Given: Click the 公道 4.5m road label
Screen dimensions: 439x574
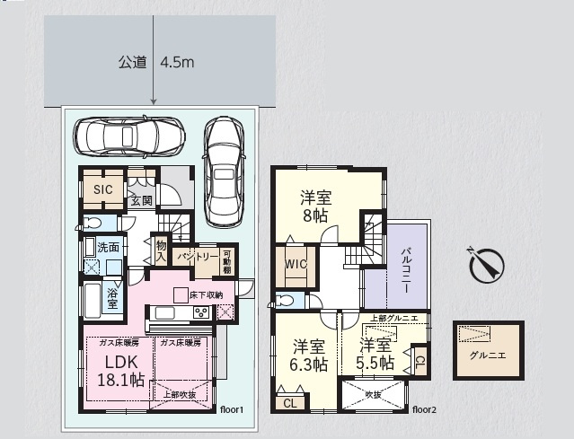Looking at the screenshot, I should (x=156, y=63).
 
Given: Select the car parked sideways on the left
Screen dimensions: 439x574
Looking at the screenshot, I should (x=131, y=136).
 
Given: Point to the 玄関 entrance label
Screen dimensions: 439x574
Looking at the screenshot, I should (x=141, y=200).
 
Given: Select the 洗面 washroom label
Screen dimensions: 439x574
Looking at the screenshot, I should (x=109, y=247).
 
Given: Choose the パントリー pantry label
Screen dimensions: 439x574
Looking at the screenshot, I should (x=197, y=257).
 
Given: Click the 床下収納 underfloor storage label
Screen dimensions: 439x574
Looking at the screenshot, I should (x=205, y=294).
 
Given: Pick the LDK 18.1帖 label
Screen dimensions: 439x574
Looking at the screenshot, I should (x=122, y=370).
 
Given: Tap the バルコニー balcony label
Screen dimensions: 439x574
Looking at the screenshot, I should (x=405, y=270).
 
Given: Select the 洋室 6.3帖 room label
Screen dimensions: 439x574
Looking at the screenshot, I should (x=309, y=355).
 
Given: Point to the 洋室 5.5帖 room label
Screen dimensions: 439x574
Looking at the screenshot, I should (x=375, y=354).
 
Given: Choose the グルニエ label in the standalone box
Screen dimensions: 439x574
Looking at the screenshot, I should (x=488, y=355).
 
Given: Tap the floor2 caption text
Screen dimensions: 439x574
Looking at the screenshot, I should (x=424, y=410).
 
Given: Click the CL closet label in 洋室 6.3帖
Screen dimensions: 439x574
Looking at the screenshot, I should (x=289, y=403).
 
